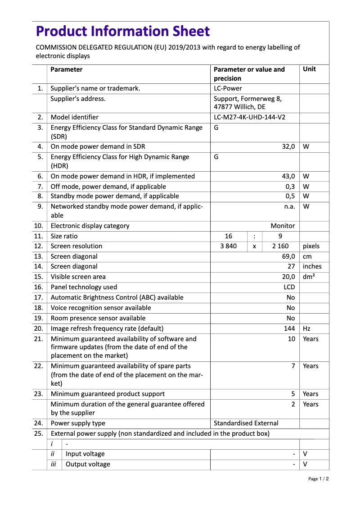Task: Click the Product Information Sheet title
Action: [x=122, y=31]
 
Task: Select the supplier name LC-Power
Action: [x=228, y=88]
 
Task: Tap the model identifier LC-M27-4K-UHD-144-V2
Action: [x=249, y=117]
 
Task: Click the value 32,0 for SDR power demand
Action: [x=288, y=146]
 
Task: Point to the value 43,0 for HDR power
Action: [x=288, y=176]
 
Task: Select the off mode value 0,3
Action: [x=290, y=186]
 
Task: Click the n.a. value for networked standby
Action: [x=289, y=206]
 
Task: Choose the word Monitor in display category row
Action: [x=283, y=226]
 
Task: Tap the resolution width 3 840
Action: [x=228, y=246]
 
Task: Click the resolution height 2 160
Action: [x=280, y=246]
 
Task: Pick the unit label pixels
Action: [x=311, y=246]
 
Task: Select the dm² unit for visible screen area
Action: [x=309, y=277]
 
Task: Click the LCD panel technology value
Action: [x=289, y=287]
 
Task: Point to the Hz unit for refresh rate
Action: [x=307, y=328]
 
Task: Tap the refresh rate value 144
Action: [x=289, y=328]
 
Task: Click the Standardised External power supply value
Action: [x=246, y=423]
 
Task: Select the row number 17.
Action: [x=39, y=297]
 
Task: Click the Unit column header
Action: [x=309, y=69]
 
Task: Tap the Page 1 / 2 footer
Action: [x=318, y=479]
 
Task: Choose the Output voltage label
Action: [x=88, y=464]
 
